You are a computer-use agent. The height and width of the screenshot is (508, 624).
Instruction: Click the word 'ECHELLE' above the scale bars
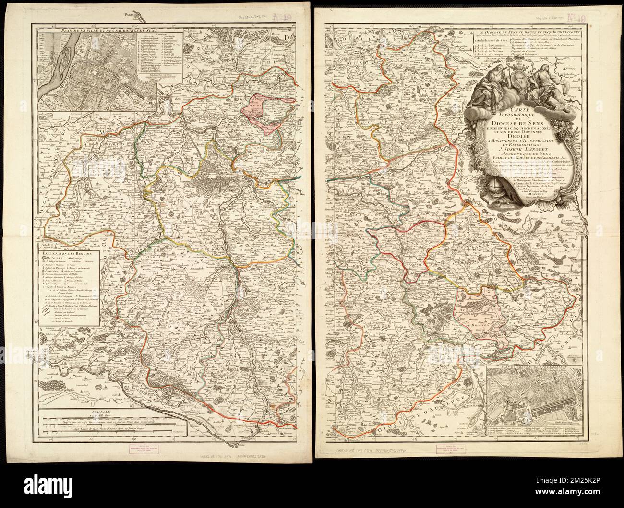pos(90,411)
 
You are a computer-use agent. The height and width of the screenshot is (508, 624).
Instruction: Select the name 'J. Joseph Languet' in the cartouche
pos(509,147)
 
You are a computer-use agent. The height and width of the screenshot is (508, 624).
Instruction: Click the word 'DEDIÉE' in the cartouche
pos(509,134)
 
